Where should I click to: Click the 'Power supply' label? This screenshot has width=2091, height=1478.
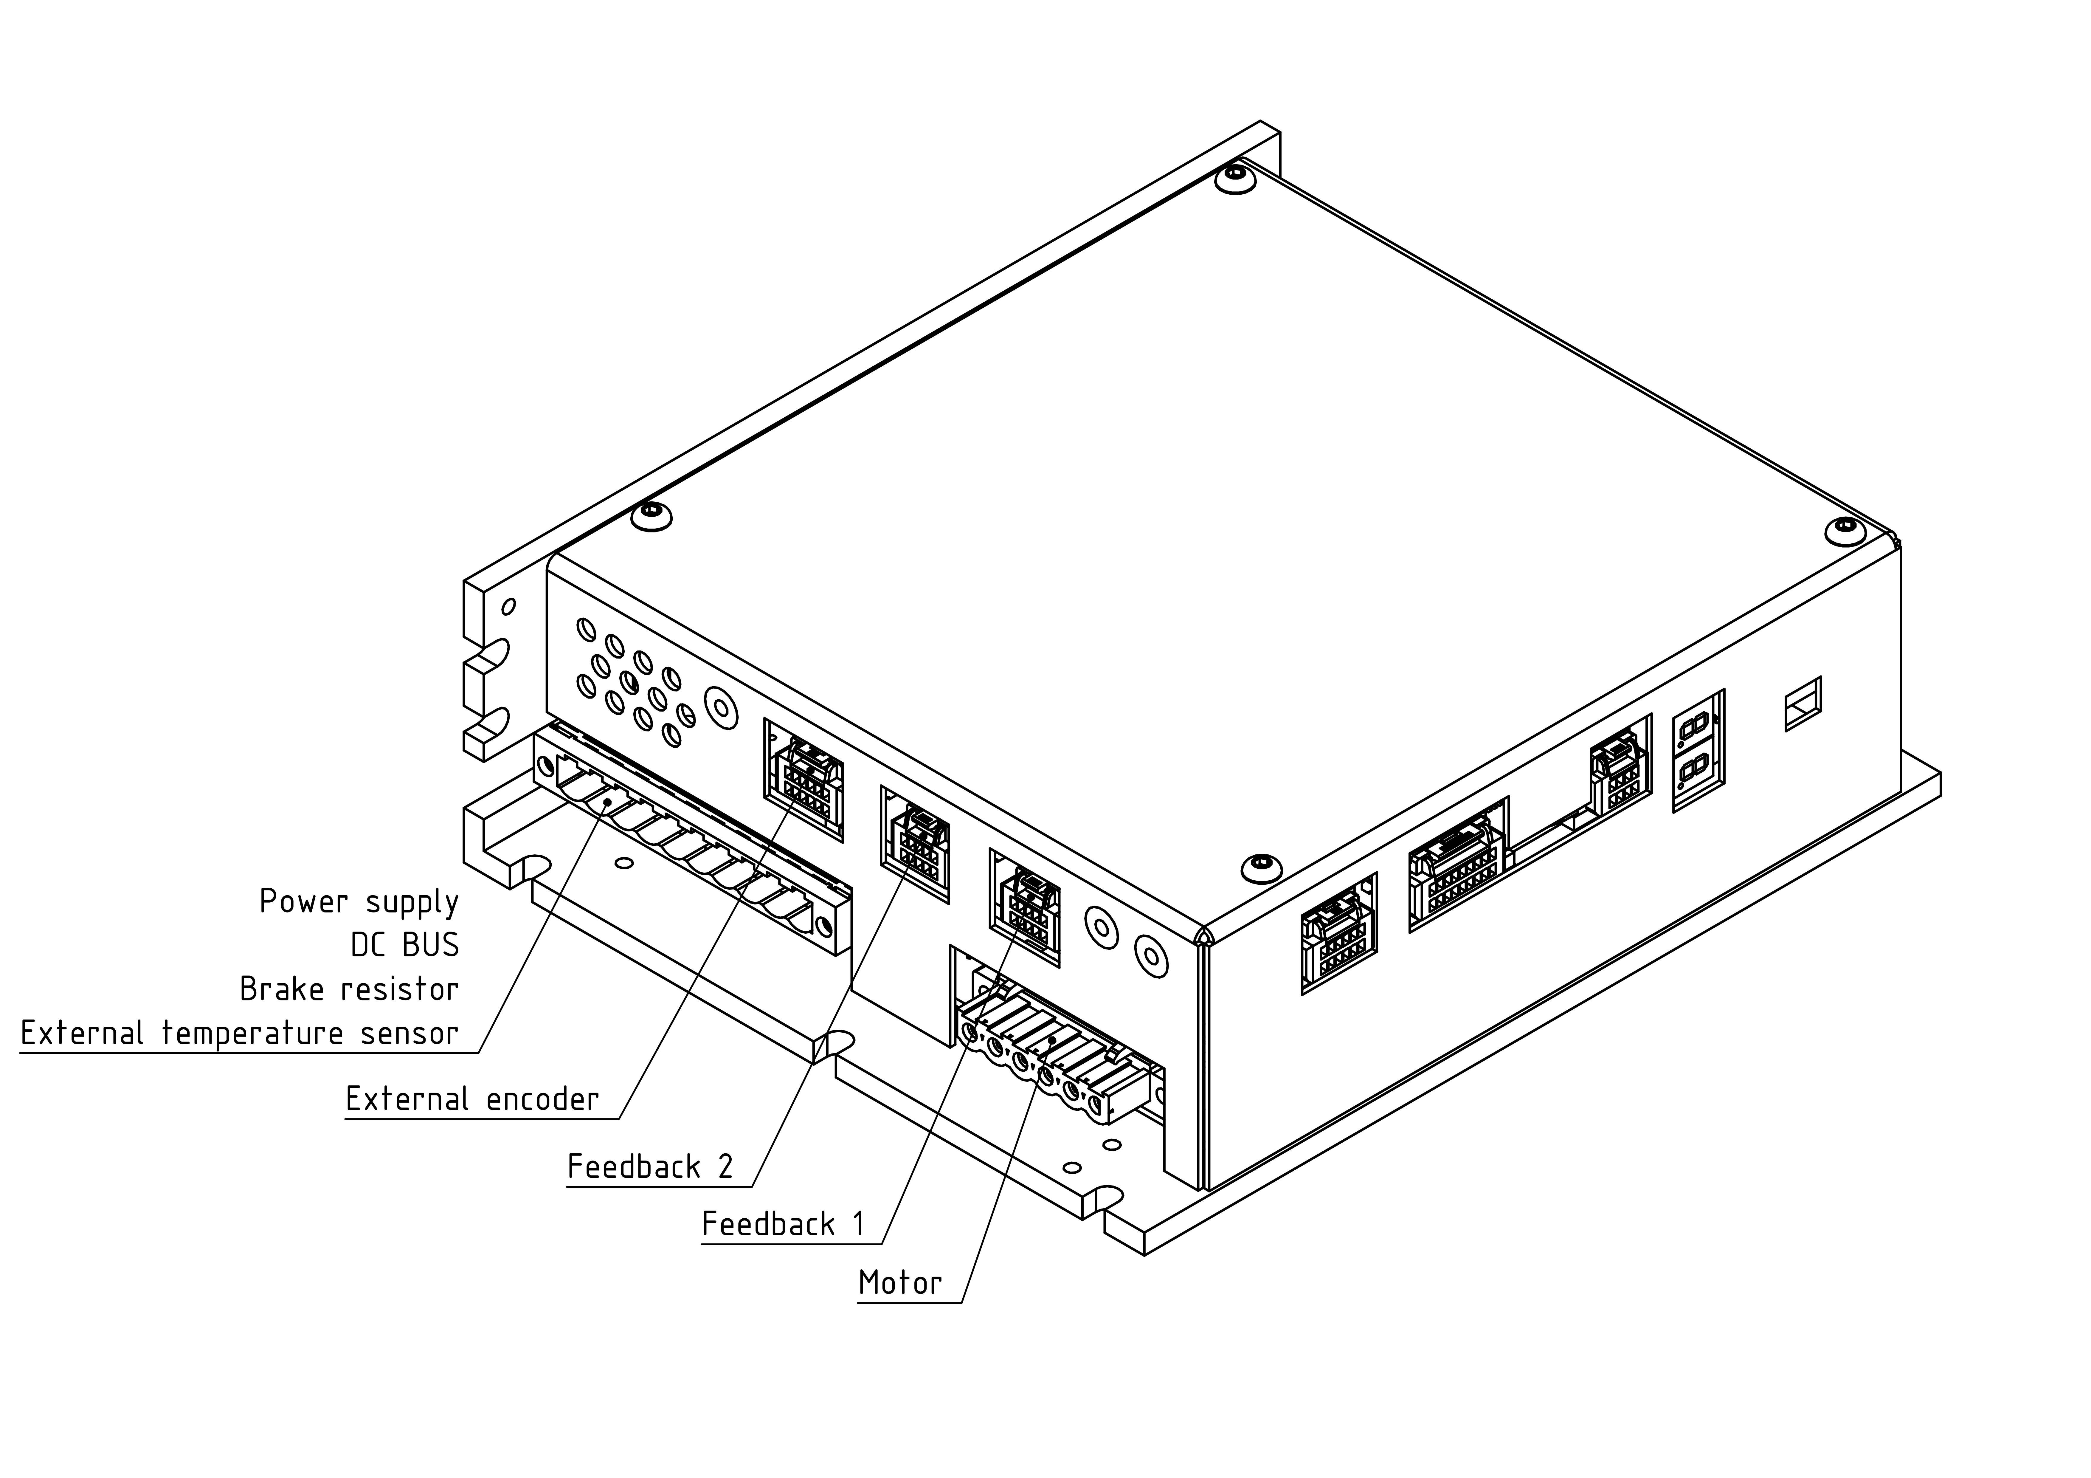[x=359, y=901]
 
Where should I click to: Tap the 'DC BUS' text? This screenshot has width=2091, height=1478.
[x=405, y=945]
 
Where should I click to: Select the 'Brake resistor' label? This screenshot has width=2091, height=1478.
[x=350, y=989]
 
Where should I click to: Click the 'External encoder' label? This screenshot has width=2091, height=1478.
[x=472, y=1099]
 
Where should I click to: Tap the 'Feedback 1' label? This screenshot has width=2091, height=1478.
[x=783, y=1224]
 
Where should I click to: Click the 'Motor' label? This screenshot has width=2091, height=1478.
[x=900, y=1283]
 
